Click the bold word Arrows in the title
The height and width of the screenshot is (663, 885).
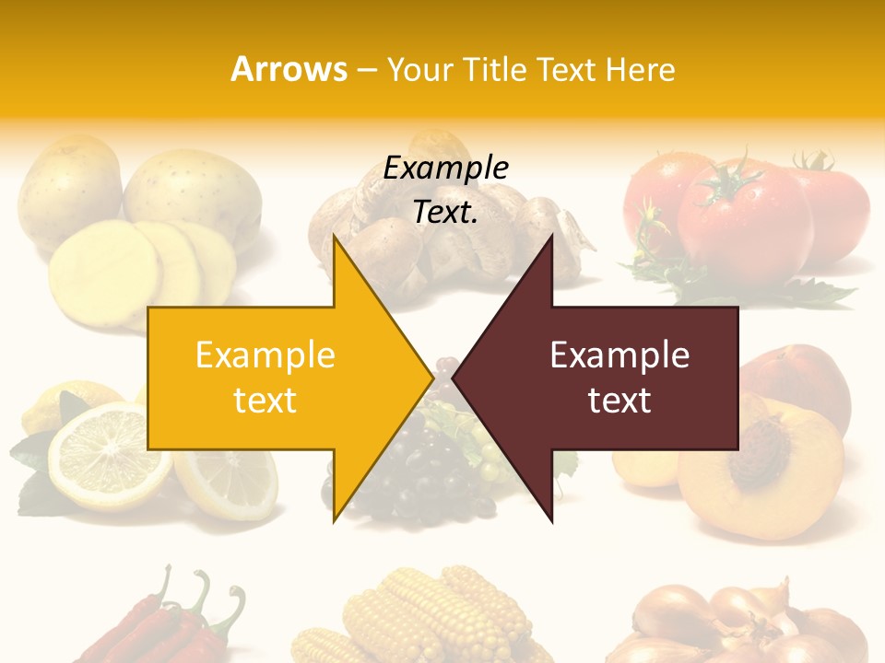[x=289, y=69]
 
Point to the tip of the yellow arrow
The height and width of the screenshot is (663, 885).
[x=431, y=377]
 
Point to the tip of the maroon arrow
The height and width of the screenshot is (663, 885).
[x=454, y=377]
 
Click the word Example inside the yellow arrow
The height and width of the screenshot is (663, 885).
[x=265, y=355]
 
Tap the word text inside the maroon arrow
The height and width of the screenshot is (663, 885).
[x=619, y=400]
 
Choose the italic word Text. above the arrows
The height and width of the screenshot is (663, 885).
[x=445, y=213]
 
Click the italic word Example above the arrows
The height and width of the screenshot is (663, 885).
[x=445, y=169]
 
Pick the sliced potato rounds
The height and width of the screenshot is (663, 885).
[x=120, y=267]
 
